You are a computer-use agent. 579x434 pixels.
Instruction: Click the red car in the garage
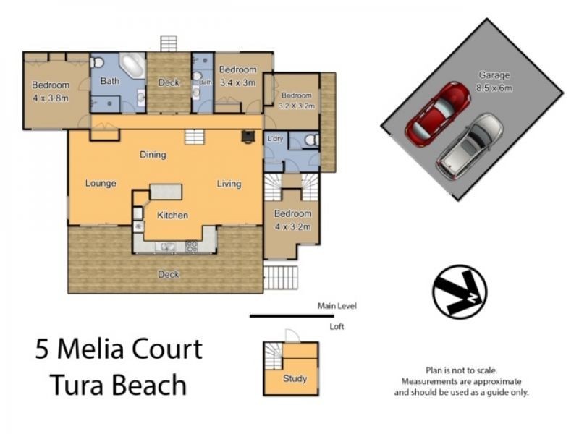(438, 114)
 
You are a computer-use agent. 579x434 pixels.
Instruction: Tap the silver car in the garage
(469, 147)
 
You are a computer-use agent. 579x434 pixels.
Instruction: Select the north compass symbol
(460, 291)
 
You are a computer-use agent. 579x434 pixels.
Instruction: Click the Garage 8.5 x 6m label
(494, 81)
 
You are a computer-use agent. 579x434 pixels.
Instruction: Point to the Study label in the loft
(295, 378)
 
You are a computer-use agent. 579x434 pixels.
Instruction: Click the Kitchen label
(173, 215)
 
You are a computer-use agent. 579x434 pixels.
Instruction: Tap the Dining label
(153, 155)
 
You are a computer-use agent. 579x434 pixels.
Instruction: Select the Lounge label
(101, 183)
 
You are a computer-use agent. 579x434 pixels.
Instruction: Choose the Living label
(229, 184)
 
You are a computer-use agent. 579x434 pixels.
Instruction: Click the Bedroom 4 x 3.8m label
(50, 92)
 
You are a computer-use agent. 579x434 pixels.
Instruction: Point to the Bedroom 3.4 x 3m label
(238, 76)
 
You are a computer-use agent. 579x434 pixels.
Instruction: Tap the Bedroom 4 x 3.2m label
(293, 220)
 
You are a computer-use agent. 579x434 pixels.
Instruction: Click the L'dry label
(274, 139)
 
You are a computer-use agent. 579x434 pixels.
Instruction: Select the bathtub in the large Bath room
(132, 67)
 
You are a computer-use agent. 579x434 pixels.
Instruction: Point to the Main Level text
(337, 306)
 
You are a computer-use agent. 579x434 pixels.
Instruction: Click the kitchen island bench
(166, 192)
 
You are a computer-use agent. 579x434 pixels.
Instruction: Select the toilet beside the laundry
(310, 140)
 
